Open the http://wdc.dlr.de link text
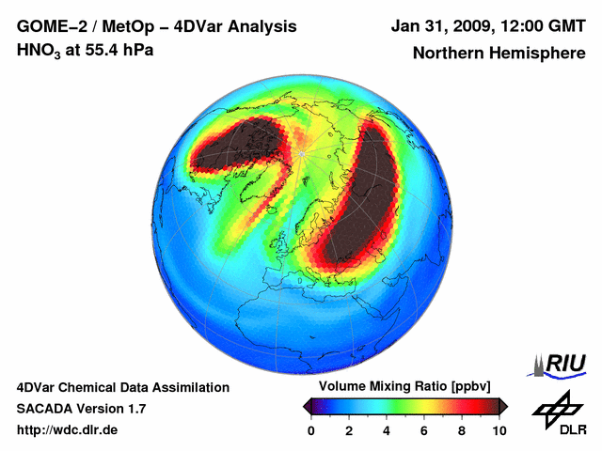pos(68,430)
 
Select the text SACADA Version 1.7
pos(81,409)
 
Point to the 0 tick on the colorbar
pos(311,430)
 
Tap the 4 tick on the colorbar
pos(387,430)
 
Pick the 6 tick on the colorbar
pos(424,430)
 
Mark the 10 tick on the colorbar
pos(499,430)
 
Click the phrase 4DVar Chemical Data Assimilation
pos(122,387)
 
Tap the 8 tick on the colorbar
pos(462,430)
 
